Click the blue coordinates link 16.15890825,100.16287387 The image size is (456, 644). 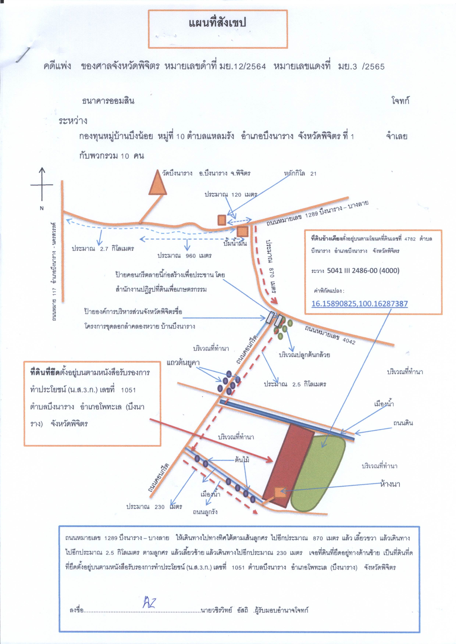[x=359, y=304]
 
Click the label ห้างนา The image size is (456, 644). [x=390, y=484]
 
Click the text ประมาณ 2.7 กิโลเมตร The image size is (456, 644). [x=103, y=249]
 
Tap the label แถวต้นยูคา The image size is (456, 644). [x=183, y=363]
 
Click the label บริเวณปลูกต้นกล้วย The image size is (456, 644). [x=304, y=355]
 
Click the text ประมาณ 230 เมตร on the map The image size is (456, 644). [x=154, y=507]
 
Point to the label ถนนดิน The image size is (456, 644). [x=403, y=423]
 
